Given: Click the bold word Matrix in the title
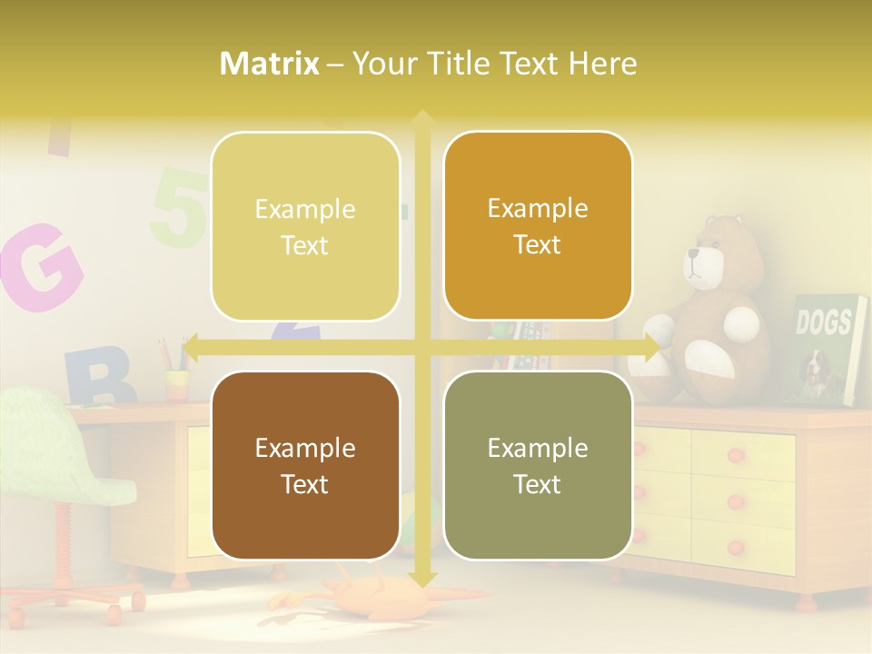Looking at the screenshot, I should pos(270,64).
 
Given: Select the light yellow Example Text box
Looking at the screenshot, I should pos(305,226).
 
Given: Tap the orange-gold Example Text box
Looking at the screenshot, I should pos(538,226).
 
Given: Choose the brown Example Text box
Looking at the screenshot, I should pos(305,465).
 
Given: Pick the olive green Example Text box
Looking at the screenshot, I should pos(538,465).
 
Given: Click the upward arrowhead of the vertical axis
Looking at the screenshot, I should pos(421,119).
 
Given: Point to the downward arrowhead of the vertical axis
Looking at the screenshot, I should pos(421,578).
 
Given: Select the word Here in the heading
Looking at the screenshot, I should pos(603,64).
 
